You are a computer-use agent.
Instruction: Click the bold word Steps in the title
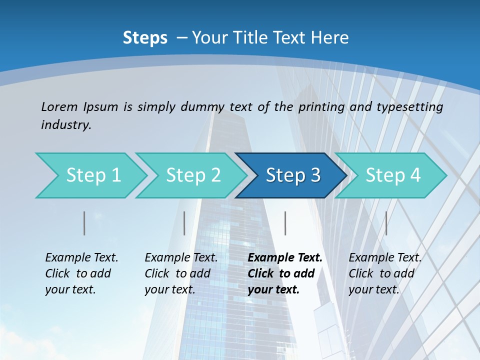click(x=145, y=38)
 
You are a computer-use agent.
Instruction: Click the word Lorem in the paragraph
click(x=59, y=106)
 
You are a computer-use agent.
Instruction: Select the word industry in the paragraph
click(x=66, y=125)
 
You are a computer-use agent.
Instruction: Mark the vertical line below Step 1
click(x=84, y=223)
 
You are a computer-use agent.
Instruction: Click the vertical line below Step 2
click(x=184, y=223)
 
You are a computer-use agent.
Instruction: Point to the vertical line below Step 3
click(x=285, y=223)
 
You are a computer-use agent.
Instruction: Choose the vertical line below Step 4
click(x=386, y=223)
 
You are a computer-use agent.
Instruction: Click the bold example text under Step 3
click(x=285, y=273)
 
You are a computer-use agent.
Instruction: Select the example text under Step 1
click(x=81, y=273)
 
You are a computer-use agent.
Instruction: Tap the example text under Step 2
click(x=181, y=273)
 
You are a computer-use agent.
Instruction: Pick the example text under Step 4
click(x=385, y=273)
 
